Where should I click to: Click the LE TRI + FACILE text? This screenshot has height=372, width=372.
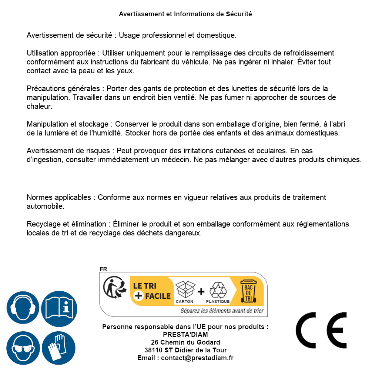[x=152, y=291]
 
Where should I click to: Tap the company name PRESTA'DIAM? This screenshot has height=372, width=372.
[x=185, y=335]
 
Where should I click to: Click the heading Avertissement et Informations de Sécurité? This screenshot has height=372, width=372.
[x=185, y=14]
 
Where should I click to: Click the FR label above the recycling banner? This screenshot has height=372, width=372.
[x=103, y=269]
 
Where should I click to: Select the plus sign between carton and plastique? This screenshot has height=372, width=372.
[x=201, y=292]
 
